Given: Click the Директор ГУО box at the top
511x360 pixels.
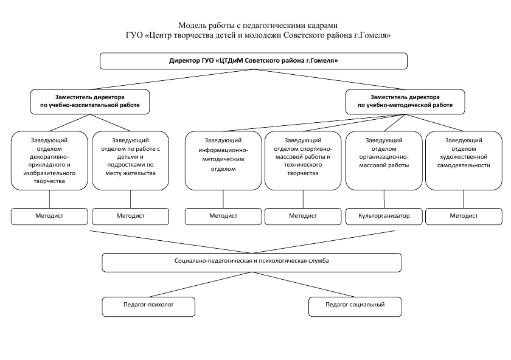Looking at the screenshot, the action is click(x=254, y=61).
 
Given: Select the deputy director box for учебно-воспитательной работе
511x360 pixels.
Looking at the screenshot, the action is click(x=90, y=102).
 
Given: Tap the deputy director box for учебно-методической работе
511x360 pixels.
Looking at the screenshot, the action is click(x=405, y=102).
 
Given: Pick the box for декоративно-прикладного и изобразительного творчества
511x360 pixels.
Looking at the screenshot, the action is click(x=49, y=161).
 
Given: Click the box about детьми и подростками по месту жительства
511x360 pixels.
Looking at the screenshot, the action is click(x=130, y=161).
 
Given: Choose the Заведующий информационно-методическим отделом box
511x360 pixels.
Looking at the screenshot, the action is click(x=223, y=161).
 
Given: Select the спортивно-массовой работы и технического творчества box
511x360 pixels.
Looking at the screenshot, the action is click(x=303, y=161).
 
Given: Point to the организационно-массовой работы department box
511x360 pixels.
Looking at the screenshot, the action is click(x=384, y=161).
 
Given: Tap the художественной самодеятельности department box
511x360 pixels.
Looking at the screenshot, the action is click(x=464, y=161).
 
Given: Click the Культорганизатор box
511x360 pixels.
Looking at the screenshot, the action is click(x=384, y=216).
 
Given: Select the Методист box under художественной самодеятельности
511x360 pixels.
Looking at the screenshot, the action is click(x=464, y=216).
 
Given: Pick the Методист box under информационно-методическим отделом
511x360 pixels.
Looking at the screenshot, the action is click(x=223, y=216).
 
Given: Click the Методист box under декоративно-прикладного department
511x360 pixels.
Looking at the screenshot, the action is click(x=49, y=216).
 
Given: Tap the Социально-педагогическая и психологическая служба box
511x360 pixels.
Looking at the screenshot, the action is click(x=252, y=263).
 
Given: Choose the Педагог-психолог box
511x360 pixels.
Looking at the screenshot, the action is click(x=148, y=306).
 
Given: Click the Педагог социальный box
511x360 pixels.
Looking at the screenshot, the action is click(x=355, y=306).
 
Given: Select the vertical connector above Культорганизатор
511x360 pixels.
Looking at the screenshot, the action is click(x=384, y=199).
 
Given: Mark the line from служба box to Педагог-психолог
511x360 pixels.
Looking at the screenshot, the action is click(x=201, y=285).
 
